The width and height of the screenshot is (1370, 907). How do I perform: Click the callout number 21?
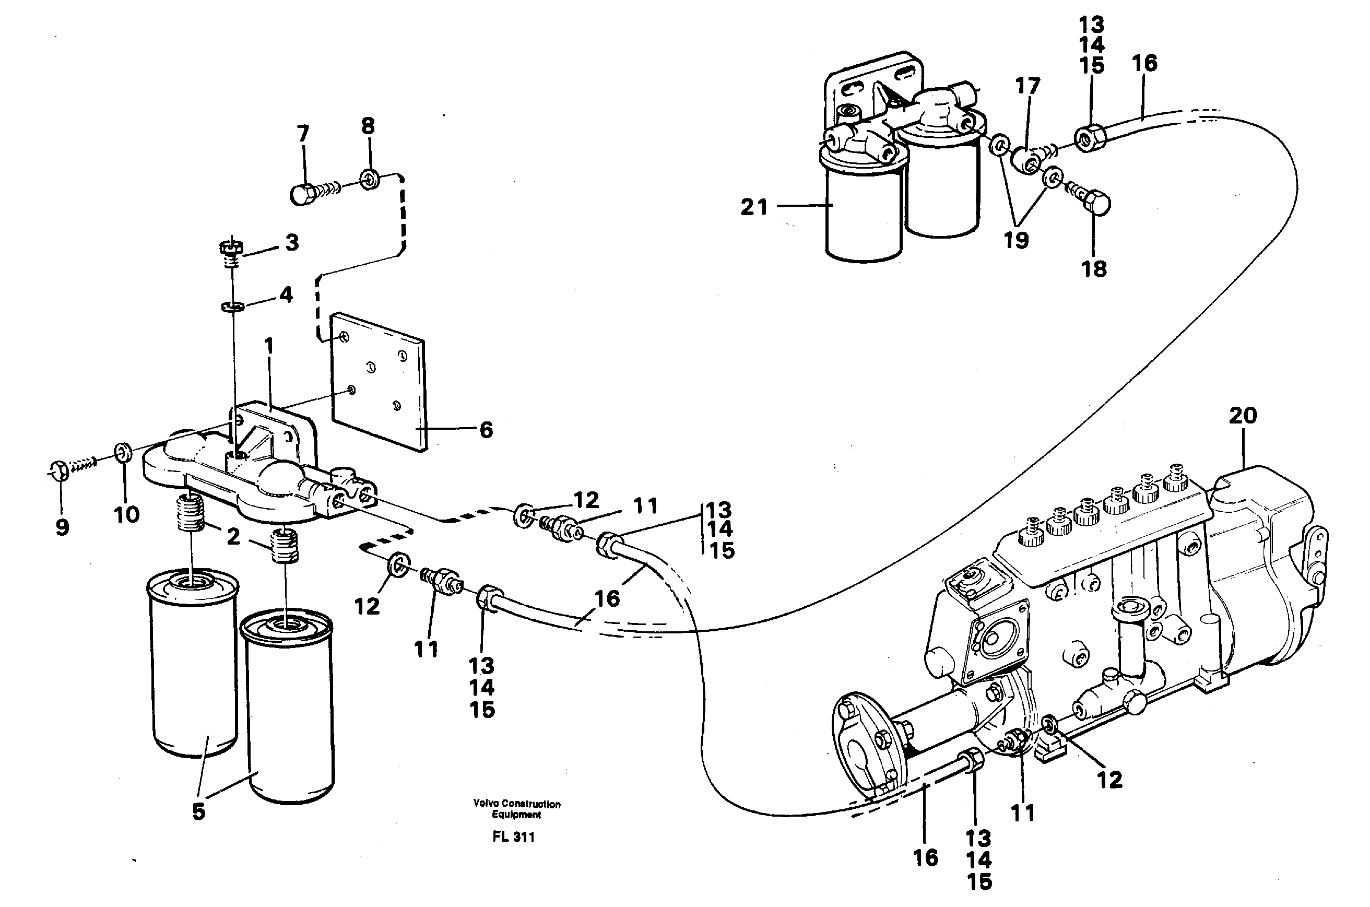point(754,207)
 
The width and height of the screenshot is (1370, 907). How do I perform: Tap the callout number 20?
point(1243,415)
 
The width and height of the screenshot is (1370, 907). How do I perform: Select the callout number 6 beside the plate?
point(487,430)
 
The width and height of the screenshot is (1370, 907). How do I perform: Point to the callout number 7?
point(303,134)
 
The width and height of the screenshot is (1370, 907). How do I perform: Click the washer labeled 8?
point(369,179)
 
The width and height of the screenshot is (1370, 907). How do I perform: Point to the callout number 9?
point(62,527)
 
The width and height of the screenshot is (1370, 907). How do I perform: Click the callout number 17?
point(1027,86)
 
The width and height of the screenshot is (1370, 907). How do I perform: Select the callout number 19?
point(1016,240)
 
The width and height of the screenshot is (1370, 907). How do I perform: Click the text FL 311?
point(514,837)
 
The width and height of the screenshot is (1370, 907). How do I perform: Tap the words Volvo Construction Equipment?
point(516,809)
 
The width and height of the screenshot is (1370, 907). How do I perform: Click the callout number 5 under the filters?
point(198,811)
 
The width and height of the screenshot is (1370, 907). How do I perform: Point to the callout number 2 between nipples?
point(233,537)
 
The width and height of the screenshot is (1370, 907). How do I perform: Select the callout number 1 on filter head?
point(268,346)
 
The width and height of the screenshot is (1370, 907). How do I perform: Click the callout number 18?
point(1094,268)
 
